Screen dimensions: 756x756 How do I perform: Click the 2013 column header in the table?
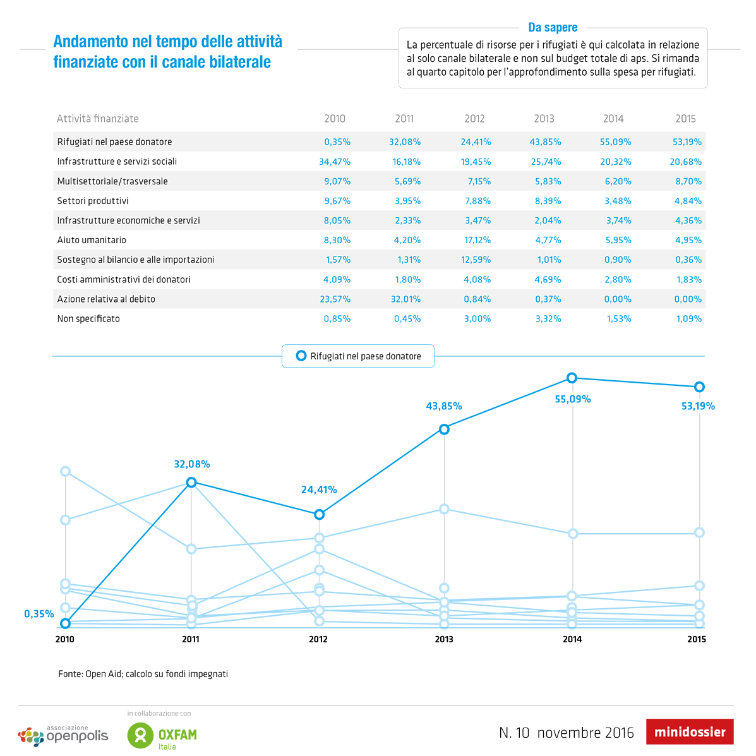click(x=544, y=119)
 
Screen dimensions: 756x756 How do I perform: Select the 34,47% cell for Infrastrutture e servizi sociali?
click(x=335, y=162)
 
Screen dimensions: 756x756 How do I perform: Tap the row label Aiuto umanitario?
click(x=92, y=240)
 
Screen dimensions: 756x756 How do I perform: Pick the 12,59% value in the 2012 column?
click(x=476, y=260)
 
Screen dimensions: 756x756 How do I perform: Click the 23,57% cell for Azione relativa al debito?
click(x=335, y=299)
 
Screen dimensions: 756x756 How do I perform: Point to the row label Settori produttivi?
click(x=93, y=201)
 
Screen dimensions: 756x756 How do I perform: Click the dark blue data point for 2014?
click(x=572, y=378)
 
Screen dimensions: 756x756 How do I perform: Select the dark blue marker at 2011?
click(x=191, y=483)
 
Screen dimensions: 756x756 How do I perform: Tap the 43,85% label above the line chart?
click(x=444, y=406)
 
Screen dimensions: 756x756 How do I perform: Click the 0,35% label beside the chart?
click(x=39, y=613)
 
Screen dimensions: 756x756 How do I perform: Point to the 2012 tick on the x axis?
click(x=318, y=639)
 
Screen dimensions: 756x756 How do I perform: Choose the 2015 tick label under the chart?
click(x=697, y=639)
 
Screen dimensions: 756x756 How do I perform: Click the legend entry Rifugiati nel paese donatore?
click(x=358, y=356)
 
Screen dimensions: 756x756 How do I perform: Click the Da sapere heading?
click(x=553, y=27)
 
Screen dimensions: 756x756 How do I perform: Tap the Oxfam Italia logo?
click(x=162, y=735)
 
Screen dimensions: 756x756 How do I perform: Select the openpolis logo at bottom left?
click(x=63, y=735)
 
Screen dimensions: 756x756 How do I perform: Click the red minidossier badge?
click(x=690, y=732)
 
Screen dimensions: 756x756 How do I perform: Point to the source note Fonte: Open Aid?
click(x=143, y=674)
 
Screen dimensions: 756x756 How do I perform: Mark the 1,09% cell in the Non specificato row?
click(x=689, y=318)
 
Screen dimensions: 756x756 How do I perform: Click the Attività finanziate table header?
click(x=98, y=119)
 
